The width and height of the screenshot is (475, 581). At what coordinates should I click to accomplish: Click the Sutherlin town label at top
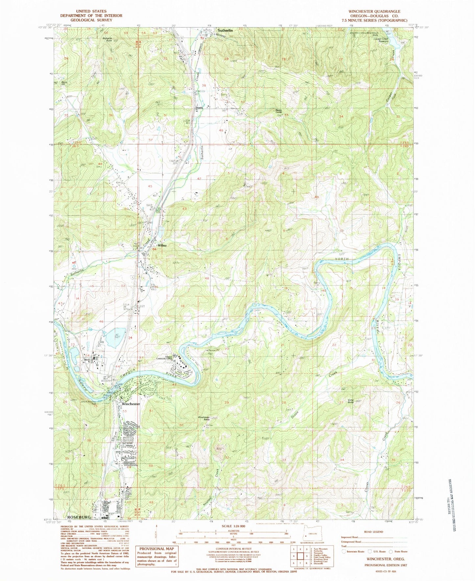click(225, 30)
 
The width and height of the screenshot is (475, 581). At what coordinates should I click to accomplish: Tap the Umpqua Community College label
click(168, 358)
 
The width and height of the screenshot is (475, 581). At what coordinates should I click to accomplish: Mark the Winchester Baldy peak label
click(204, 418)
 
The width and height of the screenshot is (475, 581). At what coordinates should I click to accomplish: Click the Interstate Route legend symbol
click(344, 551)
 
